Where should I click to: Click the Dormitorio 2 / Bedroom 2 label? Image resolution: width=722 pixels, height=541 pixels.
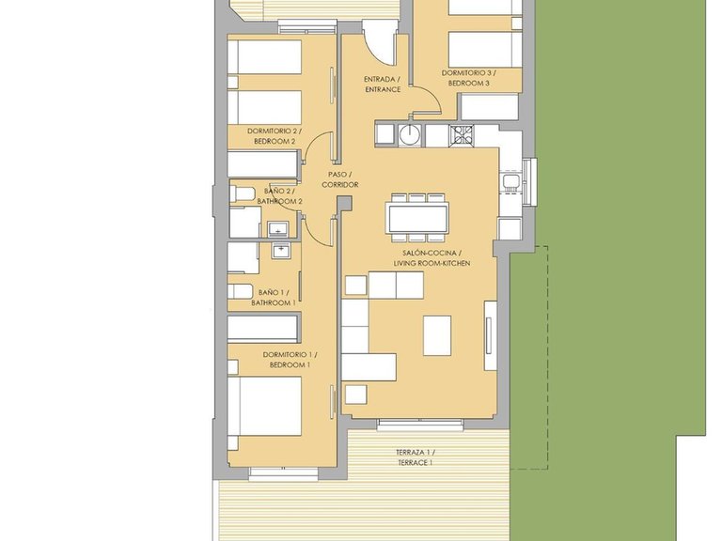pyautogui.click(x=275, y=136)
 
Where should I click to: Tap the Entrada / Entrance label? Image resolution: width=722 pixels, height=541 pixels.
pyautogui.click(x=383, y=85)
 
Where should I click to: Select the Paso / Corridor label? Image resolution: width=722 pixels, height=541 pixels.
pyautogui.click(x=339, y=179)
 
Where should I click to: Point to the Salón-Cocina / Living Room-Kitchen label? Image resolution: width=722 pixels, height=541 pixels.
pyautogui.click(x=432, y=258)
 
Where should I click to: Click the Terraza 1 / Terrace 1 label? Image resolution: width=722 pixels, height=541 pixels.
pyautogui.click(x=415, y=457)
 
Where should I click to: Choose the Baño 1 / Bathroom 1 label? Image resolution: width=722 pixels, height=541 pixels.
pyautogui.click(x=274, y=298)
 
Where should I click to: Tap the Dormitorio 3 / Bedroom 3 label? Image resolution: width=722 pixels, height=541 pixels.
pyautogui.click(x=469, y=78)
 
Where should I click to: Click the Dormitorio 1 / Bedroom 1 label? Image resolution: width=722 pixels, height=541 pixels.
pyautogui.click(x=290, y=360)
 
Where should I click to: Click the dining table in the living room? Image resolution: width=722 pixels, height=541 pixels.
pyautogui.click(x=418, y=218)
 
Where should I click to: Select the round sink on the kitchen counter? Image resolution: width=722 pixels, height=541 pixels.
pyautogui.click(x=409, y=134)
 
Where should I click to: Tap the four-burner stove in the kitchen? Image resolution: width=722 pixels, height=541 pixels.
pyautogui.click(x=462, y=135)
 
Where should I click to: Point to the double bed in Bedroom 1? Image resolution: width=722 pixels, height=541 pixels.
pyautogui.click(x=265, y=406)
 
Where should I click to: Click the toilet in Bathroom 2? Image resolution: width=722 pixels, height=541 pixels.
pyautogui.click(x=243, y=193)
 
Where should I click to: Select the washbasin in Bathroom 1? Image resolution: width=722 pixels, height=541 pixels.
pyautogui.click(x=280, y=250)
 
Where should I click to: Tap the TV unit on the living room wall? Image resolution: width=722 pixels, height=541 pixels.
pyautogui.click(x=490, y=335)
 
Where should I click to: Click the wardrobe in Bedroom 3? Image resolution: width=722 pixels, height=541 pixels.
pyautogui.click(x=490, y=107)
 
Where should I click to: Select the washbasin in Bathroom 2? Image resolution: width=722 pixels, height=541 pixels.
pyautogui.click(x=277, y=228)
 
